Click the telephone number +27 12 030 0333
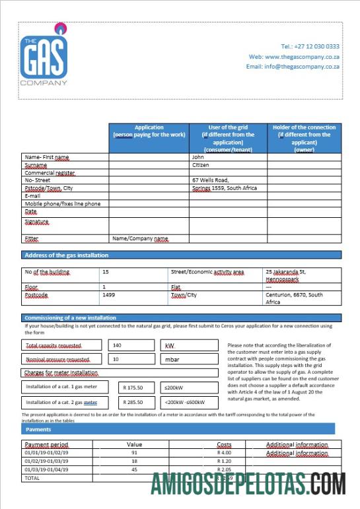310,46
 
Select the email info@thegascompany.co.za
293,67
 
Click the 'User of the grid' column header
228,138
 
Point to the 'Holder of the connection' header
304,138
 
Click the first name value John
198,157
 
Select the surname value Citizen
201,165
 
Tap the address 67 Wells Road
210,180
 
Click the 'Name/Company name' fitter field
140,238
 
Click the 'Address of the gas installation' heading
66,255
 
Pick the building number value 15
106,271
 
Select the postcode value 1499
108,295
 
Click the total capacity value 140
118,345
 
